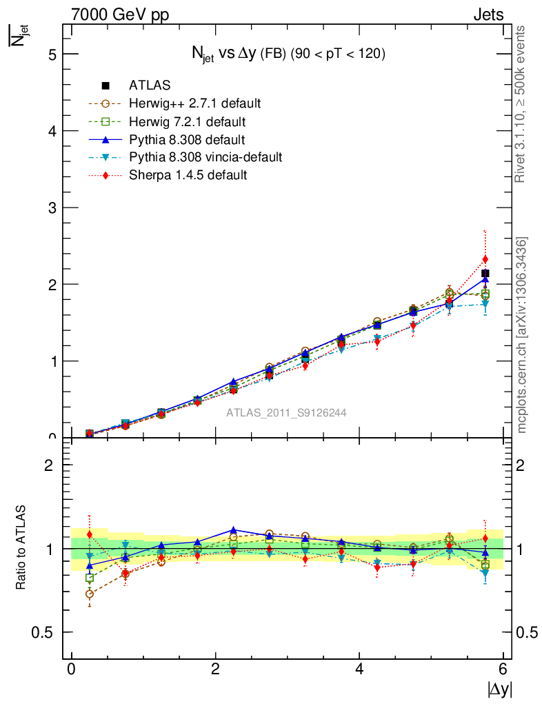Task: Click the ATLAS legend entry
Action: click(149, 85)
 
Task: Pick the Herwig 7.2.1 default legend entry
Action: click(187, 121)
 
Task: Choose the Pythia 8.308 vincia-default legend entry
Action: click(205, 157)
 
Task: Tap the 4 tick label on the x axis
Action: click(359, 669)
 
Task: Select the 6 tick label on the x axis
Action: click(503, 669)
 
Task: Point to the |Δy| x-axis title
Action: click(500, 689)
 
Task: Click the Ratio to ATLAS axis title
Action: click(21, 547)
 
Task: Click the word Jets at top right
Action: click(488, 14)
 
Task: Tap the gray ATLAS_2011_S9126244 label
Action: click(286, 413)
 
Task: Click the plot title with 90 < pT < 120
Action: click(288, 54)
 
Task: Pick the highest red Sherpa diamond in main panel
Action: click(485, 259)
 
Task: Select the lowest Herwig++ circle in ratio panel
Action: click(90, 594)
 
